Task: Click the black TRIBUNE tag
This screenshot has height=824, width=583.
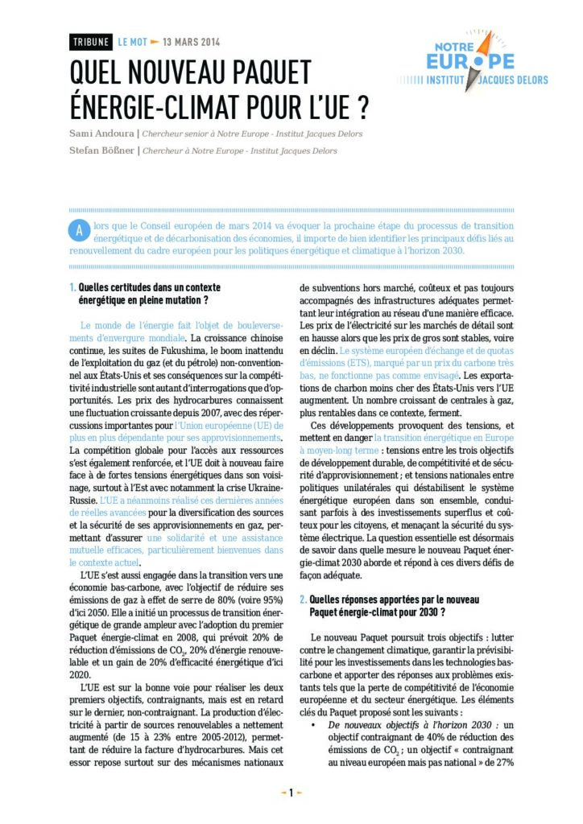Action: (91, 42)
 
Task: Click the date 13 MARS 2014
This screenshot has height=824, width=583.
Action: (192, 42)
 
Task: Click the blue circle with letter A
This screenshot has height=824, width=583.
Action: (79, 229)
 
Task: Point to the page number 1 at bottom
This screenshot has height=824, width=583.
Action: (291, 793)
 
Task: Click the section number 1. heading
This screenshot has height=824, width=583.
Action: (73, 287)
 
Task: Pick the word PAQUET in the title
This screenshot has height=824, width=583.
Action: (268, 72)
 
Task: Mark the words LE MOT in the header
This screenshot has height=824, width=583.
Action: (132, 42)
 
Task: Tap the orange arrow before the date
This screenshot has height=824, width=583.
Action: (155, 42)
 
